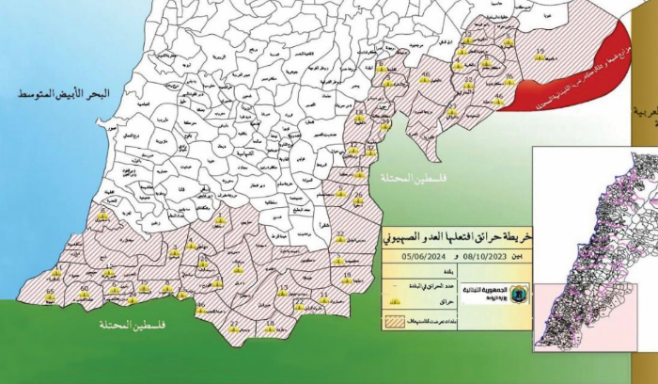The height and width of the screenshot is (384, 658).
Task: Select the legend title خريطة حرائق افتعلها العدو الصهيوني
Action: coord(454,234)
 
